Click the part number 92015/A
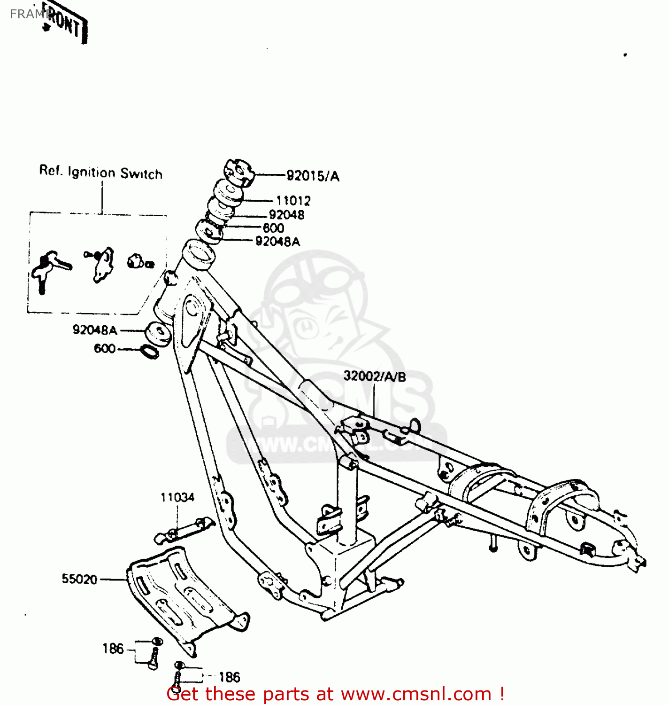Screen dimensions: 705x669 [313, 176]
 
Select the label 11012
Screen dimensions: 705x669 [293, 201]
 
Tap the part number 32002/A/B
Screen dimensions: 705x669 [375, 376]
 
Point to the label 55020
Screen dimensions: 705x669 [79, 579]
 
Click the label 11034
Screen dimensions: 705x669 [177, 497]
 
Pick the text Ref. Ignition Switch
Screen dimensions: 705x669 [101, 172]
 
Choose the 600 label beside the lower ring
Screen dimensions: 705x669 [105, 348]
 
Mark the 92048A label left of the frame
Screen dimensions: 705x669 [94, 330]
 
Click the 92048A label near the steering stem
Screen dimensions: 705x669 [277, 242]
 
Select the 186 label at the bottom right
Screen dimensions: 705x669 [229, 677]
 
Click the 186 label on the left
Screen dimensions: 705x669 [113, 649]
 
